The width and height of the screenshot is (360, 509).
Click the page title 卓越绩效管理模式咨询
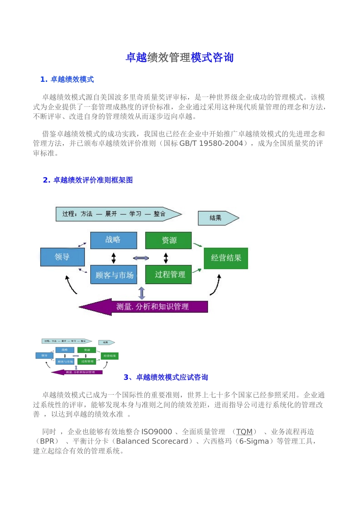pyautogui.click(x=180, y=58)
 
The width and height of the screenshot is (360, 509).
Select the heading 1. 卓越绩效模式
pyautogui.click(x=67, y=80)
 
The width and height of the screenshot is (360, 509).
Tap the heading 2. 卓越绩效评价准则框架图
pyautogui.click(x=88, y=180)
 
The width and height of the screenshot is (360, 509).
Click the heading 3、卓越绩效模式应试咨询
pyautogui.click(x=166, y=377)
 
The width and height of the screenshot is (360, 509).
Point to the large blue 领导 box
pyautogui.click(x=62, y=257)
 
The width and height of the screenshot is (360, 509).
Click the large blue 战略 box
pyautogui.click(x=113, y=240)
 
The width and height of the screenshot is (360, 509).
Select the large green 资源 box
pyautogui.click(x=169, y=240)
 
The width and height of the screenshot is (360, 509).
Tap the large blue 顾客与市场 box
pyautogui.click(x=113, y=275)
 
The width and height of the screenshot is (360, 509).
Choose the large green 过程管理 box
pyautogui.click(x=169, y=275)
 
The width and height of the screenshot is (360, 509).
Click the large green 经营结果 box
pyautogui.click(x=226, y=258)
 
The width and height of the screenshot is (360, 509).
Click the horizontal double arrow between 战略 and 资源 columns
pyautogui.click(x=141, y=258)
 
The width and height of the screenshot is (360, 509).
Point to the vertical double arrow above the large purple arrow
pyautogui.click(x=142, y=293)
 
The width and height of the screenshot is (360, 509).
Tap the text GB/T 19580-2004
pyautogui.click(x=211, y=144)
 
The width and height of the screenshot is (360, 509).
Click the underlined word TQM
pyautogui.click(x=244, y=432)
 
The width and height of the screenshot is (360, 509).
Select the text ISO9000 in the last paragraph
pyautogui.click(x=157, y=432)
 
